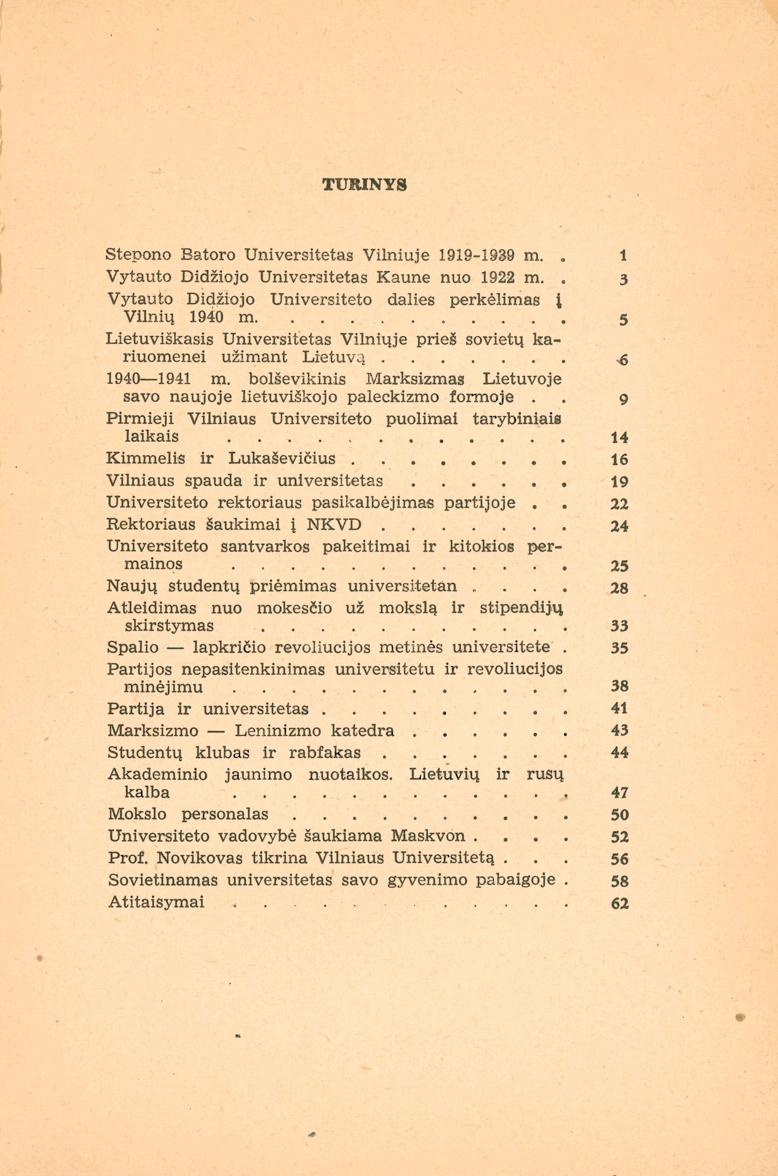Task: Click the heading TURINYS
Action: point(365,185)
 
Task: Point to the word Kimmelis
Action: point(145,458)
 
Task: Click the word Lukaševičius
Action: point(282,458)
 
